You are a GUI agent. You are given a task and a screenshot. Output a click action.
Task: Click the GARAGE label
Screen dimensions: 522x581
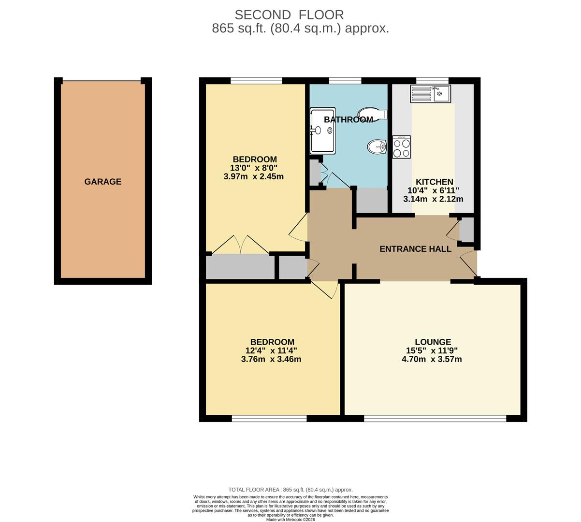(103, 182)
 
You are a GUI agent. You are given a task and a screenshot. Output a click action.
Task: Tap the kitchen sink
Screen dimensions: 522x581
(430, 93)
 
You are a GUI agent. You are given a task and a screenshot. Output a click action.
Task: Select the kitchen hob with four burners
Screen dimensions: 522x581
(402, 147)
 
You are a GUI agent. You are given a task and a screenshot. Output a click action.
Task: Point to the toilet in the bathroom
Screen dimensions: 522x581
(372, 114)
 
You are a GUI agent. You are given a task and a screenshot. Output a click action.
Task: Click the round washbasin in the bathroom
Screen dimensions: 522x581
(376, 146)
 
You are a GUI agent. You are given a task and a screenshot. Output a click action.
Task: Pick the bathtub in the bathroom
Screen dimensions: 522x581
(322, 130)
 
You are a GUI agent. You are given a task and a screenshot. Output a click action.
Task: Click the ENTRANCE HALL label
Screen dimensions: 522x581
(415, 249)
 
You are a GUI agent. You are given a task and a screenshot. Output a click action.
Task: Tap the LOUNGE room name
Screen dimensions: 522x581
(433, 342)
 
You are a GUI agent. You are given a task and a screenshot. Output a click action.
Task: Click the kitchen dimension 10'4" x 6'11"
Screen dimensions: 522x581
(433, 190)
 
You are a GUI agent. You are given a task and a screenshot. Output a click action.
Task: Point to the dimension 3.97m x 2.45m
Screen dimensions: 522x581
(254, 176)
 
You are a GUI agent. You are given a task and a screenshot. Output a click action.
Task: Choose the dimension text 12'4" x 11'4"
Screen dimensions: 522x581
(271, 351)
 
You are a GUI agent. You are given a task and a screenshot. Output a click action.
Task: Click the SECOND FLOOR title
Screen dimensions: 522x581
(289, 15)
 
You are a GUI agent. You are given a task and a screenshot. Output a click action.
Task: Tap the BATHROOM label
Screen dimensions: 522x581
(348, 119)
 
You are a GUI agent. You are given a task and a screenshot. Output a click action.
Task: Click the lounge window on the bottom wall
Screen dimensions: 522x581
(435, 419)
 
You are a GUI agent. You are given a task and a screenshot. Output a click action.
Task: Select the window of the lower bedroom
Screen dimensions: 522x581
(269, 419)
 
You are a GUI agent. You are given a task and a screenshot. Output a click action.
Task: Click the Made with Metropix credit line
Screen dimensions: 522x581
(290, 520)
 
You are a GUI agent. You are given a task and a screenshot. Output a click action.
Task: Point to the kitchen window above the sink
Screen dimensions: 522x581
(432, 80)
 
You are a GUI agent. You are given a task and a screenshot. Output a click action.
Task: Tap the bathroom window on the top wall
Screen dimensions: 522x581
(345, 80)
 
